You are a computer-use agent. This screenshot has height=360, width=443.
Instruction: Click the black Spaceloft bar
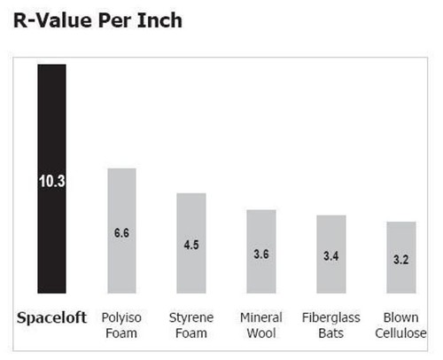51,179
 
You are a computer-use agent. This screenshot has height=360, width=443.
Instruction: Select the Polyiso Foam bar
121,231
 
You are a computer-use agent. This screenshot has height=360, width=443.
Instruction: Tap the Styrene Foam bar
191,243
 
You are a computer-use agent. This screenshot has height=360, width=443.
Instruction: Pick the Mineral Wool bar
261,252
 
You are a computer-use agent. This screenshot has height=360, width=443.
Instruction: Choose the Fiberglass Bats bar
331,254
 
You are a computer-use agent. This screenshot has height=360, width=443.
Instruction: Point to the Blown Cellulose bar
401,257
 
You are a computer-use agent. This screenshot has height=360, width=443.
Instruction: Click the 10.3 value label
52,181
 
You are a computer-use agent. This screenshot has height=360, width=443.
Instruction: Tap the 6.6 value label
121,233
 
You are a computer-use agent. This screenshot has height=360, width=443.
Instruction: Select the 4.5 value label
191,245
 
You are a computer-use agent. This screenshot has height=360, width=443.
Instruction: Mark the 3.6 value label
261,254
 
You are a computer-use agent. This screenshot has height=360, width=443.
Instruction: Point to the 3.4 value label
331,256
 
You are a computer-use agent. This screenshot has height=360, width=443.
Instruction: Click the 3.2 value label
401,260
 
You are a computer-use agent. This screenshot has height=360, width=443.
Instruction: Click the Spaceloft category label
51,318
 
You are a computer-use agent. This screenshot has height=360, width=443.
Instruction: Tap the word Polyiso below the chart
121,318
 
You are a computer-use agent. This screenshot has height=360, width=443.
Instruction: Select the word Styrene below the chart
191,318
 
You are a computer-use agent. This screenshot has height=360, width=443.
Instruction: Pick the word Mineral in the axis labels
261,317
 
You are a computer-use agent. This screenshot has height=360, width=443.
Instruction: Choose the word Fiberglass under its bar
331,318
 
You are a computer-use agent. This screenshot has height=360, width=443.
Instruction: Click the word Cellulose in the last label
400,333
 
